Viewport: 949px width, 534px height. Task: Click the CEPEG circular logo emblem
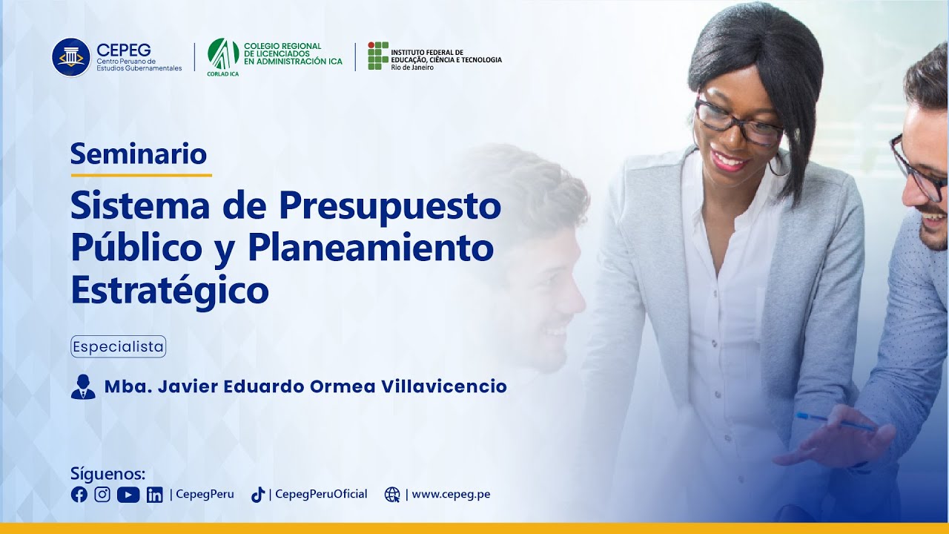click(71, 57)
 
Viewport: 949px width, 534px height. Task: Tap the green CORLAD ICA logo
click(223, 53)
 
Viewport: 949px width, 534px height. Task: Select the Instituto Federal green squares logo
click(378, 56)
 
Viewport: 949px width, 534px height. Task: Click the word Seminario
click(139, 154)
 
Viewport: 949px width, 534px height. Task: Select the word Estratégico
click(170, 289)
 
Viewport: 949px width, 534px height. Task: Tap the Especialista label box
click(119, 346)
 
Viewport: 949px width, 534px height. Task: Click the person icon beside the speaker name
click(83, 387)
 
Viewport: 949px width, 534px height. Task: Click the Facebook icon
click(79, 495)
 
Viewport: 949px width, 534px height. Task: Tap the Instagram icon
click(102, 495)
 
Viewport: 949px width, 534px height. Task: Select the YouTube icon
click(128, 495)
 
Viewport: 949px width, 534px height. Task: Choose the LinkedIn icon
click(154, 495)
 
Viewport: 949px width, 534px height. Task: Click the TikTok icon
click(258, 495)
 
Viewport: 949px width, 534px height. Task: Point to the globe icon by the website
click(392, 495)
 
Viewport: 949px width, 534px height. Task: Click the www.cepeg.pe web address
click(451, 495)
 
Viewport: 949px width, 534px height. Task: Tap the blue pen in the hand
click(835, 422)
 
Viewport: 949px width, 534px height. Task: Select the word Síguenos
click(108, 474)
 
